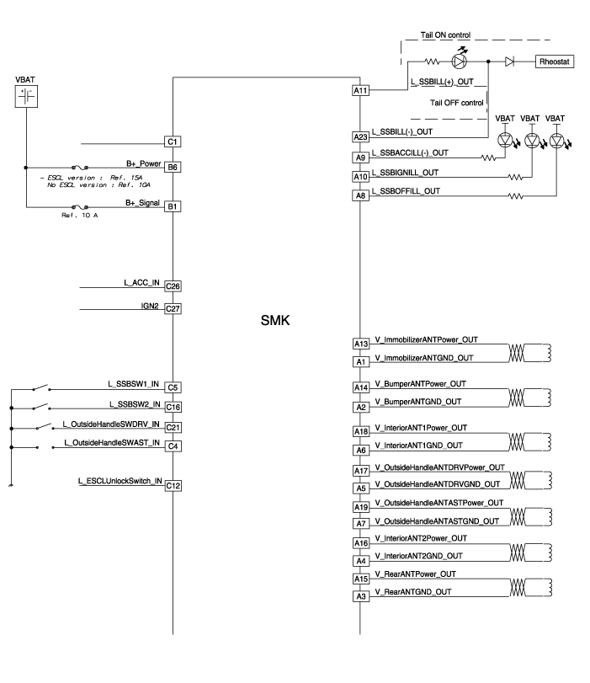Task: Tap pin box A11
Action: tap(360, 90)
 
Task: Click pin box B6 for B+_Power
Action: tap(173, 168)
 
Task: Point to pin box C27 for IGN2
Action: tap(173, 309)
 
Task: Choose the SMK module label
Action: tap(274, 322)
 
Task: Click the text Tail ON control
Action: tap(445, 35)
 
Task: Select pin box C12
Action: tap(173, 485)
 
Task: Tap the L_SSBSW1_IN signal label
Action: tap(134, 384)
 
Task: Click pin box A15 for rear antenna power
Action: tap(360, 579)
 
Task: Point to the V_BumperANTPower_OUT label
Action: tap(421, 383)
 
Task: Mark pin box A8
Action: tap(360, 195)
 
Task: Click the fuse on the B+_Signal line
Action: tap(82, 205)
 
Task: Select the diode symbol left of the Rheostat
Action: tap(510, 61)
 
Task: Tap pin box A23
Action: tap(360, 136)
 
